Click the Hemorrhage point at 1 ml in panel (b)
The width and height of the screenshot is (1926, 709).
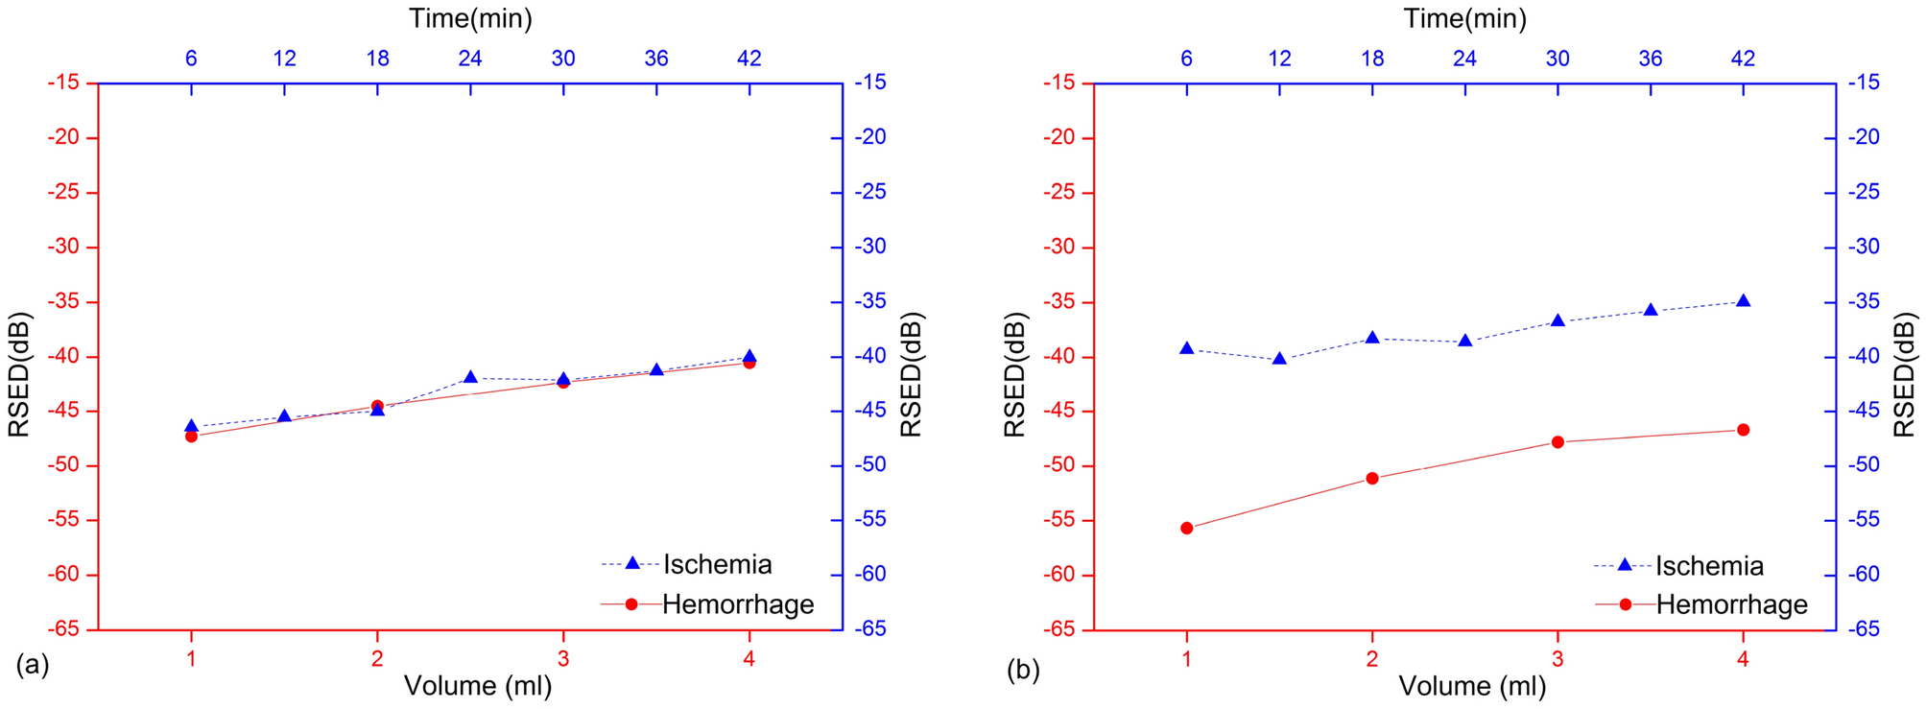click(1186, 528)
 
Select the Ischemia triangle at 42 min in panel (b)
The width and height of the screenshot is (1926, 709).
click(1743, 301)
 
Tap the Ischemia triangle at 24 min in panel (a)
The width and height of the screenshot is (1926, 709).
click(470, 378)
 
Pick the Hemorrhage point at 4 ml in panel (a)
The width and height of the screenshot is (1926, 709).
click(749, 363)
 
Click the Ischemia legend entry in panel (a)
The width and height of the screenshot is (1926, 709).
click(716, 564)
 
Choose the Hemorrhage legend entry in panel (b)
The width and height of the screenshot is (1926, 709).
click(1731, 604)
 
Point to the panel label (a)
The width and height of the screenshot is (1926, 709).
click(32, 665)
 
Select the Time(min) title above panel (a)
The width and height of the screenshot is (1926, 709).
click(470, 18)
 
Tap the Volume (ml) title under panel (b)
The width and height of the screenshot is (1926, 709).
click(1471, 686)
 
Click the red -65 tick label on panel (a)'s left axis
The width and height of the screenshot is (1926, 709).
click(67, 630)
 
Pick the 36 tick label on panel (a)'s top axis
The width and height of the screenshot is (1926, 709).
click(656, 59)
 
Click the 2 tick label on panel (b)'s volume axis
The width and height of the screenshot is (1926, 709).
click(1372, 659)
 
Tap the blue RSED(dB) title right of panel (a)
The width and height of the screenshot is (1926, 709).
click(912, 374)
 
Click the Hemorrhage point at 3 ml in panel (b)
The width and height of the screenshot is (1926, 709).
click(1557, 442)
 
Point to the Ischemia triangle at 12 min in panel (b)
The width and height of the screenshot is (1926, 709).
click(1279, 359)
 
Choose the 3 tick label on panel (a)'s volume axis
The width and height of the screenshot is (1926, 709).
click(563, 659)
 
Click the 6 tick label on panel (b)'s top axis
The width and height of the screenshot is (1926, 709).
click(1186, 59)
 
